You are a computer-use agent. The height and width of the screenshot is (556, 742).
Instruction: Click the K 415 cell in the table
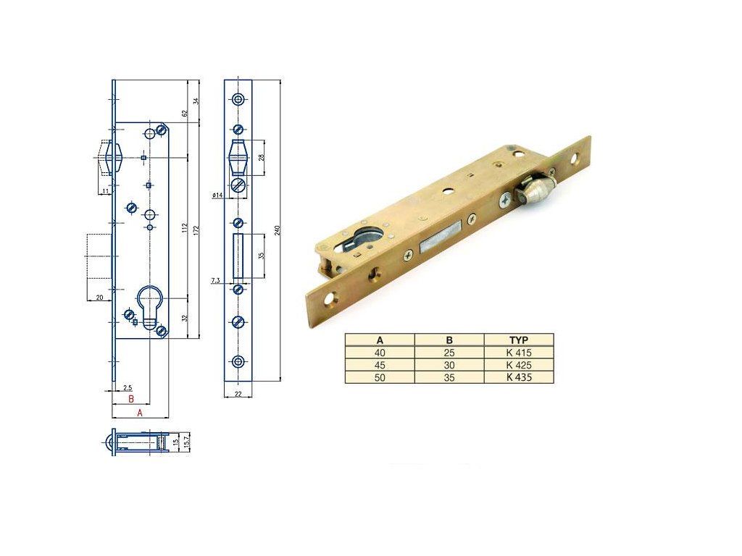pyautogui.click(x=519, y=353)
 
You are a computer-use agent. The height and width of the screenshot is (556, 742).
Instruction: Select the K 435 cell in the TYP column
pyautogui.click(x=519, y=377)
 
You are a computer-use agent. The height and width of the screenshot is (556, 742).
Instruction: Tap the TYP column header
pyautogui.click(x=519, y=340)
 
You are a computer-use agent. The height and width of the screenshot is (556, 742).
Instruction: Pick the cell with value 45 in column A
pyautogui.click(x=380, y=365)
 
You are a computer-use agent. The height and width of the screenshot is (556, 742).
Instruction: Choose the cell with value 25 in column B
pyautogui.click(x=449, y=353)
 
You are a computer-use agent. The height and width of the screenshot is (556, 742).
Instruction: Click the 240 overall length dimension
pyautogui.click(x=278, y=229)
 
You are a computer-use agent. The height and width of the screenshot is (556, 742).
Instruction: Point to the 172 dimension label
pyautogui.click(x=196, y=229)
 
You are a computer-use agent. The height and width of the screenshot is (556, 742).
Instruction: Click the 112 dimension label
pyautogui.click(x=185, y=228)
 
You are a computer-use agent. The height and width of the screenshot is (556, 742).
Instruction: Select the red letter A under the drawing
pyautogui.click(x=140, y=413)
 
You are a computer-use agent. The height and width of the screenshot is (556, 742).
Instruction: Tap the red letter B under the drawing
pyautogui.click(x=131, y=399)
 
